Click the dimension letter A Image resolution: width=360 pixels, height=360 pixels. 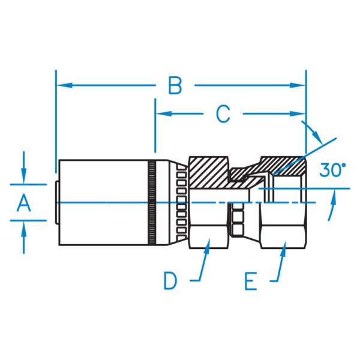pyautogui.click(x=23, y=203)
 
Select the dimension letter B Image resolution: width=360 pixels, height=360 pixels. pyautogui.click(x=175, y=86)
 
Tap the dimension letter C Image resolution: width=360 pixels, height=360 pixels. pyautogui.click(x=223, y=113)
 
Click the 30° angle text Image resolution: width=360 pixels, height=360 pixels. pyautogui.click(x=332, y=170)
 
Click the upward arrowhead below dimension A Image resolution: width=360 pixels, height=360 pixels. pyautogui.click(x=23, y=227)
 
